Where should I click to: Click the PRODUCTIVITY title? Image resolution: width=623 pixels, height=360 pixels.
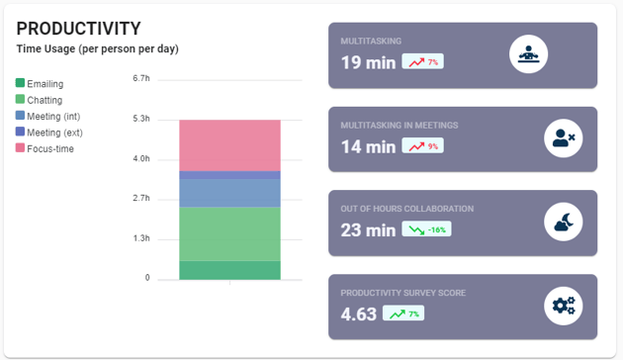pyautogui.click(x=78, y=29)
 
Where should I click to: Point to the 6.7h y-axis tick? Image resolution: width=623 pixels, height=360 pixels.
pyautogui.click(x=140, y=78)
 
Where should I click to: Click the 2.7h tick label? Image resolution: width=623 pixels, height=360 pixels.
pyautogui.click(x=140, y=199)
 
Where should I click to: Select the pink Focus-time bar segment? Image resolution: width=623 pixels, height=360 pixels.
pyautogui.click(x=229, y=145)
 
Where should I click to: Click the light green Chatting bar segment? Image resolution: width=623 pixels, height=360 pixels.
pyautogui.click(x=229, y=233)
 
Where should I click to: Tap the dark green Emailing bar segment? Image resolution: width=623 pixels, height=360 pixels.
pyautogui.click(x=229, y=270)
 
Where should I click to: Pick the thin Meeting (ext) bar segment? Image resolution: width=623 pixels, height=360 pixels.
pyautogui.click(x=229, y=175)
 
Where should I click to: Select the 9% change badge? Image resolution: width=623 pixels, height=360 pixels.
pyautogui.click(x=422, y=146)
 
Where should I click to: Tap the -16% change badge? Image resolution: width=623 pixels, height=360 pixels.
pyautogui.click(x=427, y=229)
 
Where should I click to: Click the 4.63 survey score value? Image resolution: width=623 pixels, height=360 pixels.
pyautogui.click(x=359, y=315)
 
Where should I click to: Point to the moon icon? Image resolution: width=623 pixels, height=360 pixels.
pyautogui.click(x=563, y=223)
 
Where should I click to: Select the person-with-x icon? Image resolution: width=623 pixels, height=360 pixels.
pyautogui.click(x=563, y=138)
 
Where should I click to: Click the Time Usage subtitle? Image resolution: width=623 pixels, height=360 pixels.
pyautogui.click(x=97, y=49)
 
